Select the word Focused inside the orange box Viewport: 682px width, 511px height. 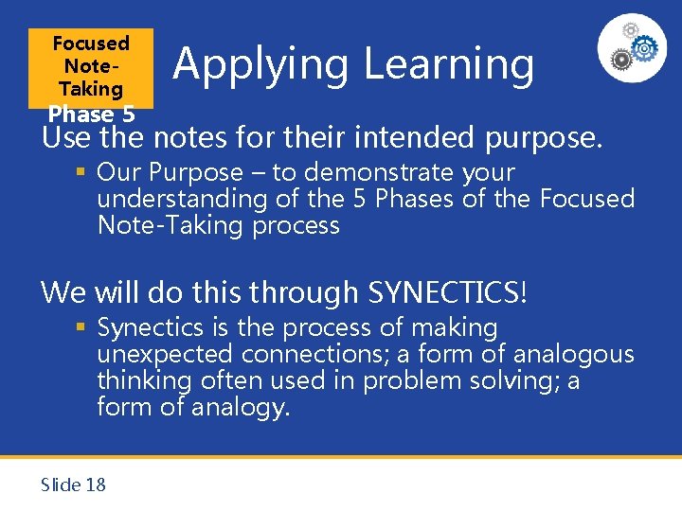[x=91, y=44]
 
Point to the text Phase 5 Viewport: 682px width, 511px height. [x=91, y=114]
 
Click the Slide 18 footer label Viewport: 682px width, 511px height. [x=73, y=485]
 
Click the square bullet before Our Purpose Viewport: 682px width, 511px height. [x=83, y=173]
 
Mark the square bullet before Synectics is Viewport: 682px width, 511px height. [x=83, y=328]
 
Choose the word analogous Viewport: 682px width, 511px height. [x=573, y=355]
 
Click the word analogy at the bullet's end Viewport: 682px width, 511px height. [x=240, y=407]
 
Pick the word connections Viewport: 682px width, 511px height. [x=313, y=355]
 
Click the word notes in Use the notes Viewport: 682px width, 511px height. [x=167, y=139]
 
